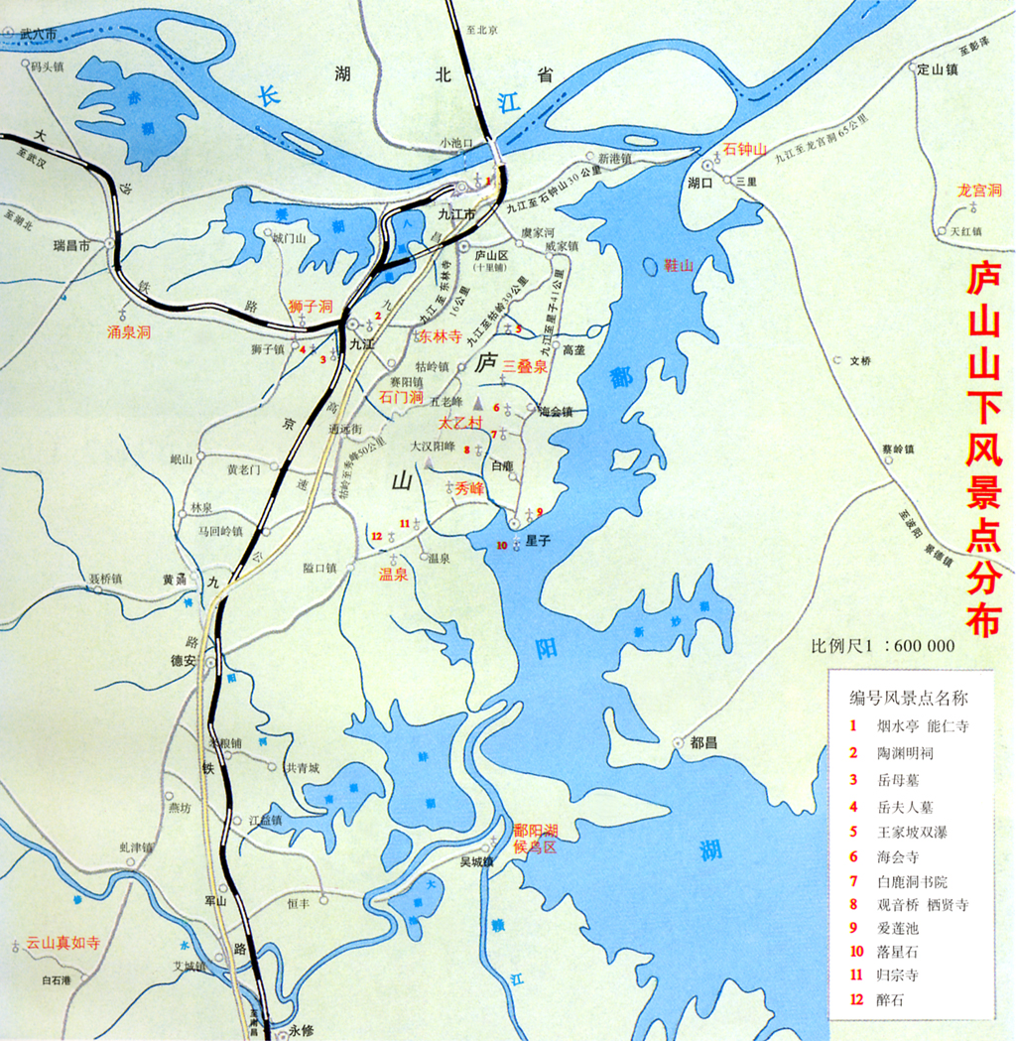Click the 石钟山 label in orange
click(745, 149)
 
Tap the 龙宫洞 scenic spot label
click(978, 190)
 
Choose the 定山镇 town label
click(937, 69)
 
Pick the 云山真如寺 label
click(63, 943)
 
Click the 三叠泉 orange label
click(525, 366)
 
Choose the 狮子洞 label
click(309, 306)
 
